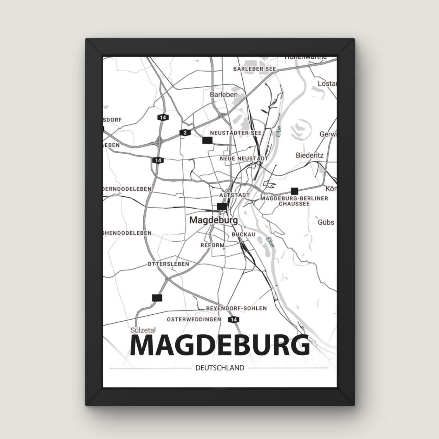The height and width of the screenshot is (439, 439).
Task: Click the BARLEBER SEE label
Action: coord(255,69)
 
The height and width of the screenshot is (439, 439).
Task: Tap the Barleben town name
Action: coord(224,94)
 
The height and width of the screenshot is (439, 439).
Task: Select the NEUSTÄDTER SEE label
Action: coord(236,133)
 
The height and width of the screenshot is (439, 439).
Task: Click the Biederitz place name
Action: coord(310,155)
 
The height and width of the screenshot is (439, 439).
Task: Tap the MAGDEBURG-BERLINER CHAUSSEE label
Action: coord(294,201)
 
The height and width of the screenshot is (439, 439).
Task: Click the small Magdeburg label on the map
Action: coord(213,220)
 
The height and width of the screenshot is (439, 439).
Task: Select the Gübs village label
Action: coord(326,222)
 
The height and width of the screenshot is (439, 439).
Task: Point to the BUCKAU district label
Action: coord(243,234)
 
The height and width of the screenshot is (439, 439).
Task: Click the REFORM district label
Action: coord(212,245)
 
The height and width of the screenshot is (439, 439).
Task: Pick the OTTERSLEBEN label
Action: coord(169,264)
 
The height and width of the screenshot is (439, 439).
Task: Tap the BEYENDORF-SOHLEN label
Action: coord(237,308)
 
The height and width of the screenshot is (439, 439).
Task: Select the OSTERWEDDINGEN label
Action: coord(194,319)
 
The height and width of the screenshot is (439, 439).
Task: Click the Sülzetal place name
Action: coord(143,330)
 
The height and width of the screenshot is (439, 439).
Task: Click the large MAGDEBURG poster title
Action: coord(220,346)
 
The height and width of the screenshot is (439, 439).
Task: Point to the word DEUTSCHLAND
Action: coord(219,368)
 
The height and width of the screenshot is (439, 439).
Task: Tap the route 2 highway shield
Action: coord(184,132)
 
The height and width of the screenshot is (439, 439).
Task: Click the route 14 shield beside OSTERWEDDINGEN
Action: coord(233,320)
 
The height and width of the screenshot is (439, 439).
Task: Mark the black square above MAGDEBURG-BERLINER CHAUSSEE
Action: coord(295,191)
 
